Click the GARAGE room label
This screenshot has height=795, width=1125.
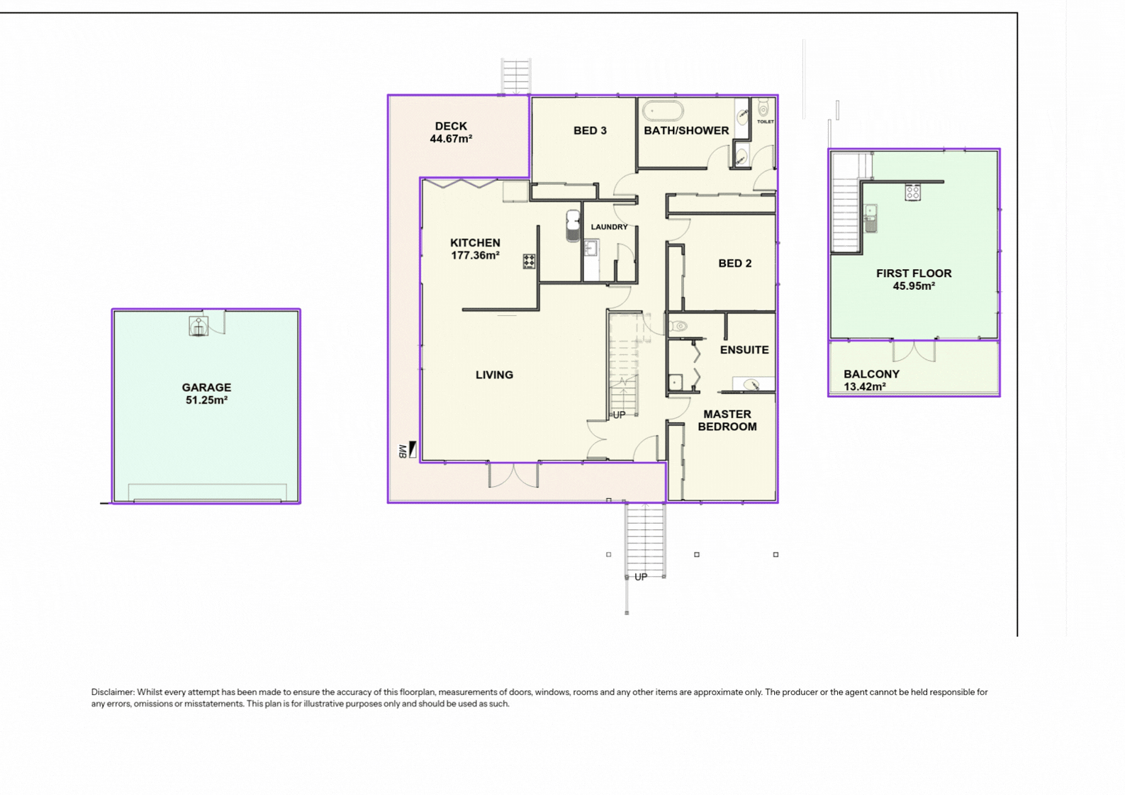coord(206,388)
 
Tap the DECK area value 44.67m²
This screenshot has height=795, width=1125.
coord(451,139)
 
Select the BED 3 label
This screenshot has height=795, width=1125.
coord(590,130)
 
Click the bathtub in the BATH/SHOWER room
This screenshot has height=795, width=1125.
coord(663,111)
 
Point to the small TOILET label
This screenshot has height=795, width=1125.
coord(766,121)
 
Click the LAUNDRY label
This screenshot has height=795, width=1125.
coord(609,227)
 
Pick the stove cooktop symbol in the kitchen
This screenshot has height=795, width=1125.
coord(529,261)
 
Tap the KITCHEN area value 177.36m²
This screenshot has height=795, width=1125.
coord(475,255)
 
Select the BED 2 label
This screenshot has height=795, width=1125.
coord(735,264)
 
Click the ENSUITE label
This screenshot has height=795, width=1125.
coord(744,350)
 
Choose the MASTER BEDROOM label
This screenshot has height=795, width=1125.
coord(727,421)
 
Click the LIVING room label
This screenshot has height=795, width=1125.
coord(494,375)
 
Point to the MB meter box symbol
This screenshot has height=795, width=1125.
coord(408,450)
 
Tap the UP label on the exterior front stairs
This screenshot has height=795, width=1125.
coord(641,577)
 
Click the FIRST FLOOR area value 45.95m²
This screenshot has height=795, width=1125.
coord(914,286)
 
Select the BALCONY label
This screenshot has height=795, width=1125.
coord(871,374)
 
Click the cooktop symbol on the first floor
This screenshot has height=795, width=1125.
coord(912,192)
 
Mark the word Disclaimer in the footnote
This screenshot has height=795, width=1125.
coord(113,692)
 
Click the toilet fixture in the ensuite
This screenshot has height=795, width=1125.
coord(678,326)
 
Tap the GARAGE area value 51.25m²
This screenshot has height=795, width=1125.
coord(206,400)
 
